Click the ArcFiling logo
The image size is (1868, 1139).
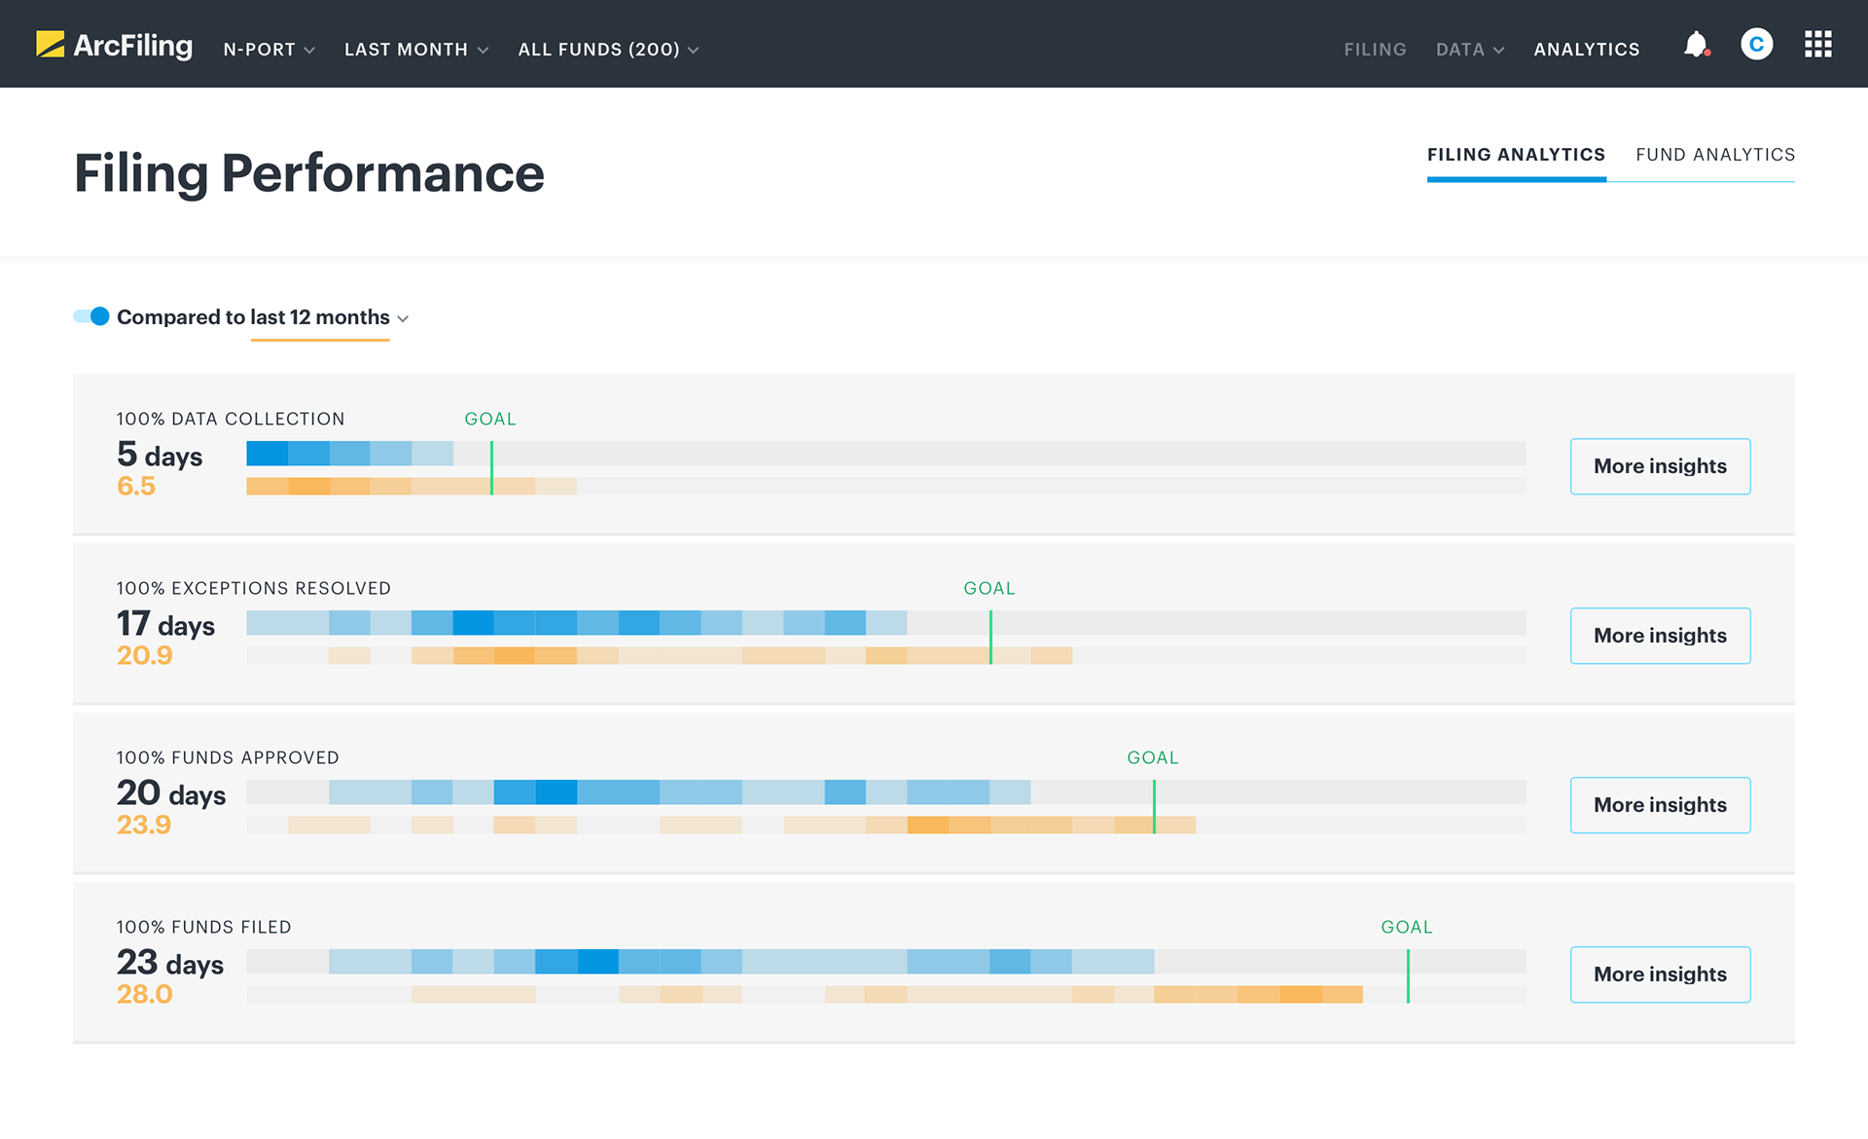tap(114, 45)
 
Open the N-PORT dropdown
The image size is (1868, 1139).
tap(269, 50)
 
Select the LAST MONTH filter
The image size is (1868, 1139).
tap(415, 50)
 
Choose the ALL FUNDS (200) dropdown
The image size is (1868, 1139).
tap(608, 50)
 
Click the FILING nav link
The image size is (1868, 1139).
tap(1375, 50)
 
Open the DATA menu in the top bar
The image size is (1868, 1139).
tap(1469, 50)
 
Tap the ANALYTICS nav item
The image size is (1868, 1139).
tap(1586, 50)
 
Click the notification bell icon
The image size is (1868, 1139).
tap(1696, 45)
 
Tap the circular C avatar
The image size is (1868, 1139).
tap(1756, 45)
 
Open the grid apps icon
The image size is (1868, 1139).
tap(1817, 45)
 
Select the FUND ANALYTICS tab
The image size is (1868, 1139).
tap(1714, 155)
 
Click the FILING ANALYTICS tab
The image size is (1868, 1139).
tap(1516, 155)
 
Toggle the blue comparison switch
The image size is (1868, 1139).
tap(92, 316)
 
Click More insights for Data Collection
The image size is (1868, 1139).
tap(1660, 466)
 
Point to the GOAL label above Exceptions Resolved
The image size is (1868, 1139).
tap(988, 588)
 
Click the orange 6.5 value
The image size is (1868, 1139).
tap(136, 486)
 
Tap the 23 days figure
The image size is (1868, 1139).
tap(170, 963)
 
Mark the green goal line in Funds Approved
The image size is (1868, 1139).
tap(1154, 806)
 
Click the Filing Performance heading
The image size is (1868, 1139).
tap(309, 173)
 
